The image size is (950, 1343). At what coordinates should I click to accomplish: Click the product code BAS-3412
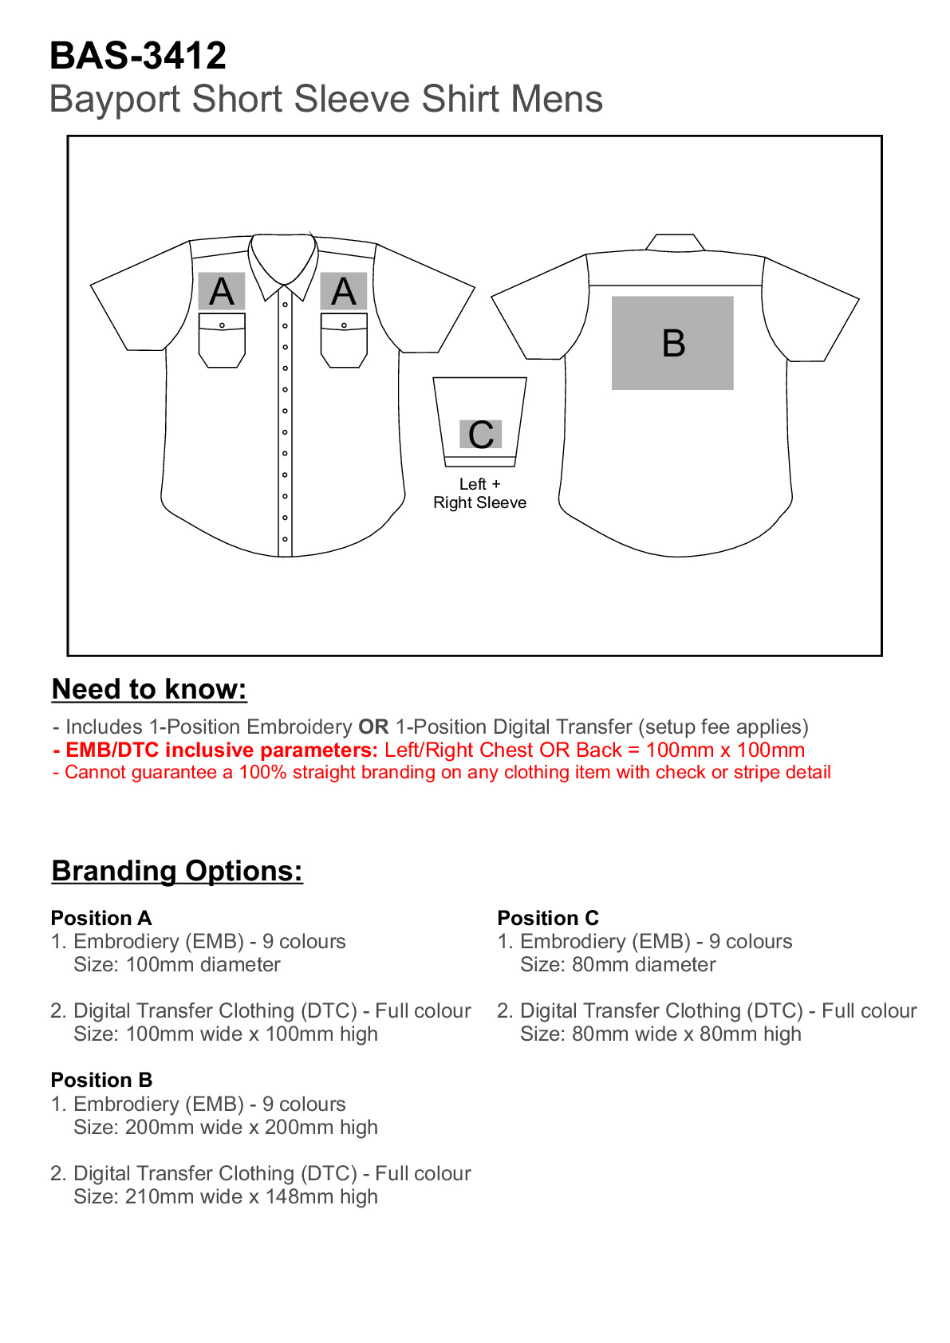138,56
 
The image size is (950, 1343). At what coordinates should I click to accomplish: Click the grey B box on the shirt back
672,343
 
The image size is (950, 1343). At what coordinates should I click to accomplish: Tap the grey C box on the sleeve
480,434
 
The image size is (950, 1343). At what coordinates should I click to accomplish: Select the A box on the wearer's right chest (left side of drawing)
222,291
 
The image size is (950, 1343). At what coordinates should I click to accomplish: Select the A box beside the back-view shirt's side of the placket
344,291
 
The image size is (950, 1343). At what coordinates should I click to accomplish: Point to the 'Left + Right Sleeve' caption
479,494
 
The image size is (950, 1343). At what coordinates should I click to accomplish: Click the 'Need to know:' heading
149,689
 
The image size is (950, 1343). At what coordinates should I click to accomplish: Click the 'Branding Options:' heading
177,871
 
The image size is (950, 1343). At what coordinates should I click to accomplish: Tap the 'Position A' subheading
101,918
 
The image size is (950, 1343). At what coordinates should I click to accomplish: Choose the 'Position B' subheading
101,1080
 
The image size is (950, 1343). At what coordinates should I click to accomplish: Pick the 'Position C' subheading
548,918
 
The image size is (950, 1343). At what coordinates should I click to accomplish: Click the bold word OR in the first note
373,727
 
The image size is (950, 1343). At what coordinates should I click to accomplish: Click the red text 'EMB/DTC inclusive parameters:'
215,750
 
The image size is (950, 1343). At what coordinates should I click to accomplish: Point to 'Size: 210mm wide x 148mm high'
226,1197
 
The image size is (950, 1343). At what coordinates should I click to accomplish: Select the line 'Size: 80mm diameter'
617,965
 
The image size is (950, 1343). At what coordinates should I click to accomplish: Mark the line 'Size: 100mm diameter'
177,965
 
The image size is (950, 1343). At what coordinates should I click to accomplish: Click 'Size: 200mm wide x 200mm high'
226,1128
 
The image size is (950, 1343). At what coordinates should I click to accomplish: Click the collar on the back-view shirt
675,242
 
